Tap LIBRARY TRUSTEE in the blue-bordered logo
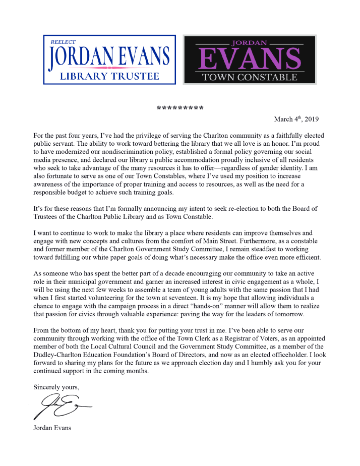(109, 77)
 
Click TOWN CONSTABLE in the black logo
(250, 77)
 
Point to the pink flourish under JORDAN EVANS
(109, 68)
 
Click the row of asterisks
(180, 108)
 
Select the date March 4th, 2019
(296, 120)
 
